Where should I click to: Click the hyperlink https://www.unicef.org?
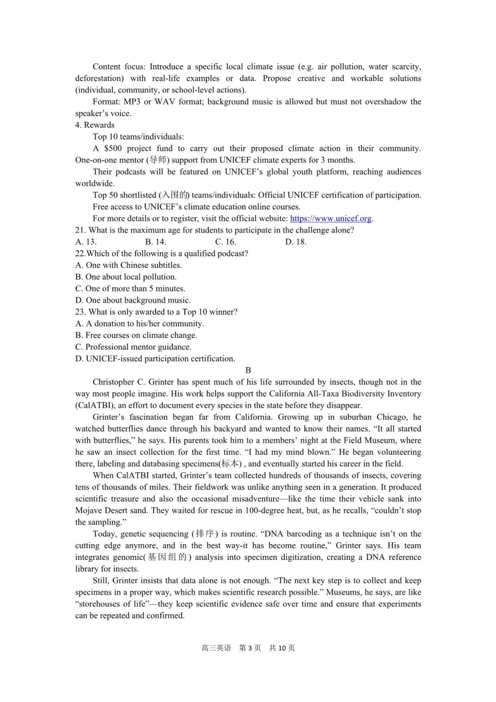point(330,218)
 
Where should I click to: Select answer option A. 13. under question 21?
point(86,242)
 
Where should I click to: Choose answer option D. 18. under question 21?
point(296,242)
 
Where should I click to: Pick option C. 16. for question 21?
point(226,242)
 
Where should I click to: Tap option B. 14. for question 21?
point(156,242)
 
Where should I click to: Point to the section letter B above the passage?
point(248,370)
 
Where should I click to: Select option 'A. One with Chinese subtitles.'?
point(128,265)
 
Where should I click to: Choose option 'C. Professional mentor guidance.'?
point(133,347)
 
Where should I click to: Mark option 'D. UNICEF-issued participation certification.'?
point(155,359)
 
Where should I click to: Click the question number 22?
point(80,253)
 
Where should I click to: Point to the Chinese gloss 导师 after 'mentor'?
point(158,160)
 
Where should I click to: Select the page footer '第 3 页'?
point(250,648)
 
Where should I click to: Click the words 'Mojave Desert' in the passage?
point(100,510)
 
